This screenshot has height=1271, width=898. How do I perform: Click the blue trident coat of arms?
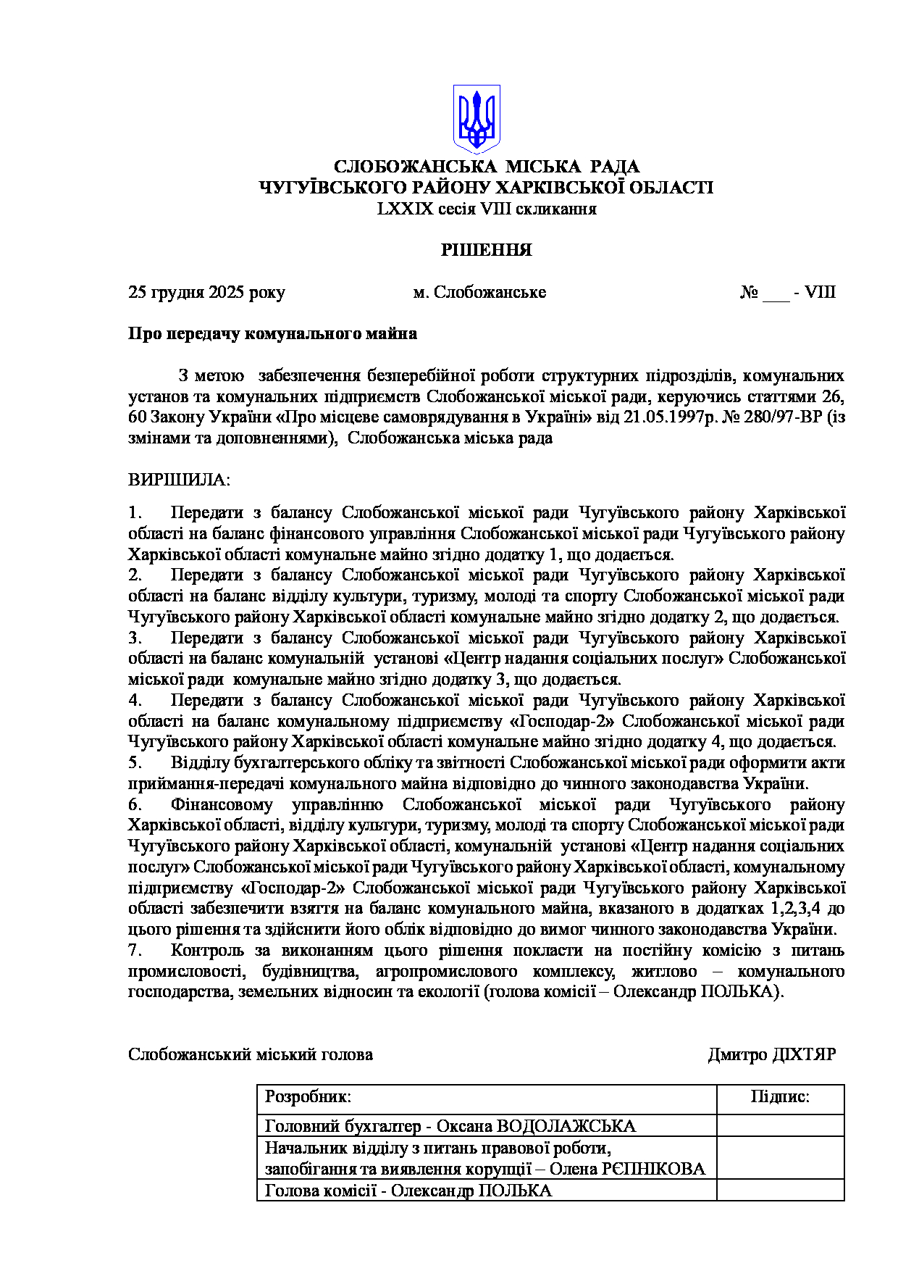pyautogui.click(x=477, y=118)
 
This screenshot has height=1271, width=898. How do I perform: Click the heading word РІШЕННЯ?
pyautogui.click(x=487, y=251)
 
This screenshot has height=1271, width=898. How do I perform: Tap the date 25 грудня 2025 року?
pyautogui.click(x=206, y=293)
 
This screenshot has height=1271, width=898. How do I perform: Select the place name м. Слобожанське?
pyautogui.click(x=479, y=293)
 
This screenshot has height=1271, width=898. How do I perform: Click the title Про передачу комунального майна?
pyautogui.click(x=272, y=334)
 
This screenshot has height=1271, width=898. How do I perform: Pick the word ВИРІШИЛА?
pyautogui.click(x=178, y=480)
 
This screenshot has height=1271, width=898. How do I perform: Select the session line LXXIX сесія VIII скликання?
pyautogui.click(x=487, y=209)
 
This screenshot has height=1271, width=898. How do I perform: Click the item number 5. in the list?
pyautogui.click(x=135, y=763)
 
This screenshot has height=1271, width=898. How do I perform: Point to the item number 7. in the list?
pyautogui.click(x=135, y=951)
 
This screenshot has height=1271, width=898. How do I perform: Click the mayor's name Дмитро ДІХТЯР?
pyautogui.click(x=771, y=1055)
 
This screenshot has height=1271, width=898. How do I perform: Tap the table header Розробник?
pyautogui.click(x=308, y=1097)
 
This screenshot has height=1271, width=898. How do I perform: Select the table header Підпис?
pyautogui.click(x=780, y=1097)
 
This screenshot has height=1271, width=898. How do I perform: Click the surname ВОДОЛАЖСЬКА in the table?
pyautogui.click(x=566, y=1127)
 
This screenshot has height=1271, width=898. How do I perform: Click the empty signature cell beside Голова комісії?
pyautogui.click(x=780, y=1191)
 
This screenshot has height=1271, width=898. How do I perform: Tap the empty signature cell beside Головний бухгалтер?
pyautogui.click(x=780, y=1126)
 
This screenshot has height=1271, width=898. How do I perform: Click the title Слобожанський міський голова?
pyautogui.click(x=251, y=1055)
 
